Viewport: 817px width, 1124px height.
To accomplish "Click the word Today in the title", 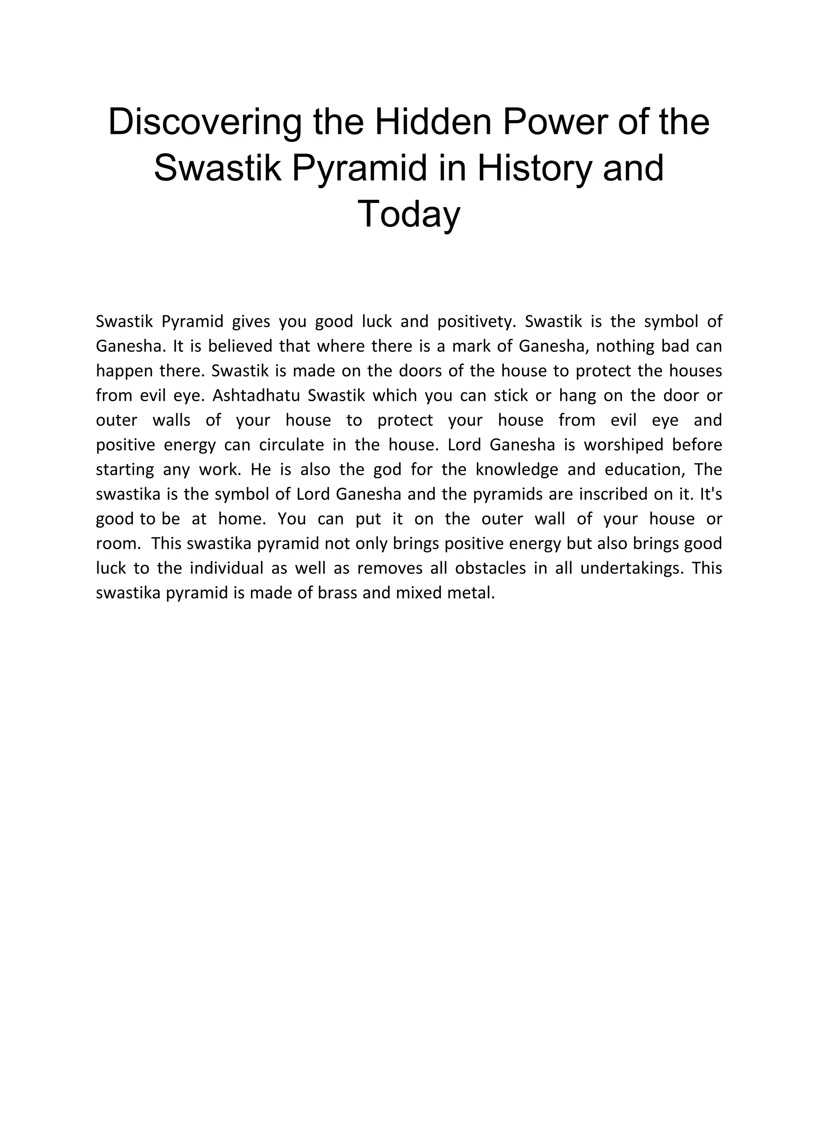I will coord(408,214).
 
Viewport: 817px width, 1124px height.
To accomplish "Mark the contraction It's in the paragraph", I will coord(710,494).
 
